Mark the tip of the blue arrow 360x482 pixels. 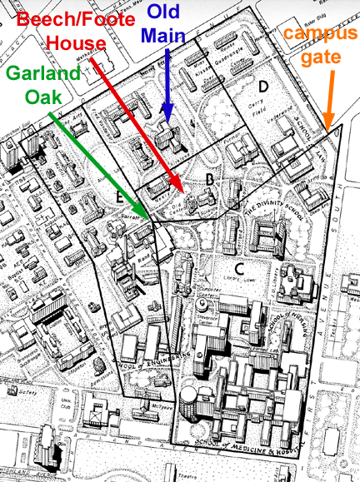pyautogui.click(x=167, y=125)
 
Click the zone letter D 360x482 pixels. pyautogui.click(x=262, y=87)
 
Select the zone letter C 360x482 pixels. pyautogui.click(x=238, y=267)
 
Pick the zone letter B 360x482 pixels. pyautogui.click(x=210, y=179)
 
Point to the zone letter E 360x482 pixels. pyautogui.click(x=120, y=198)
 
